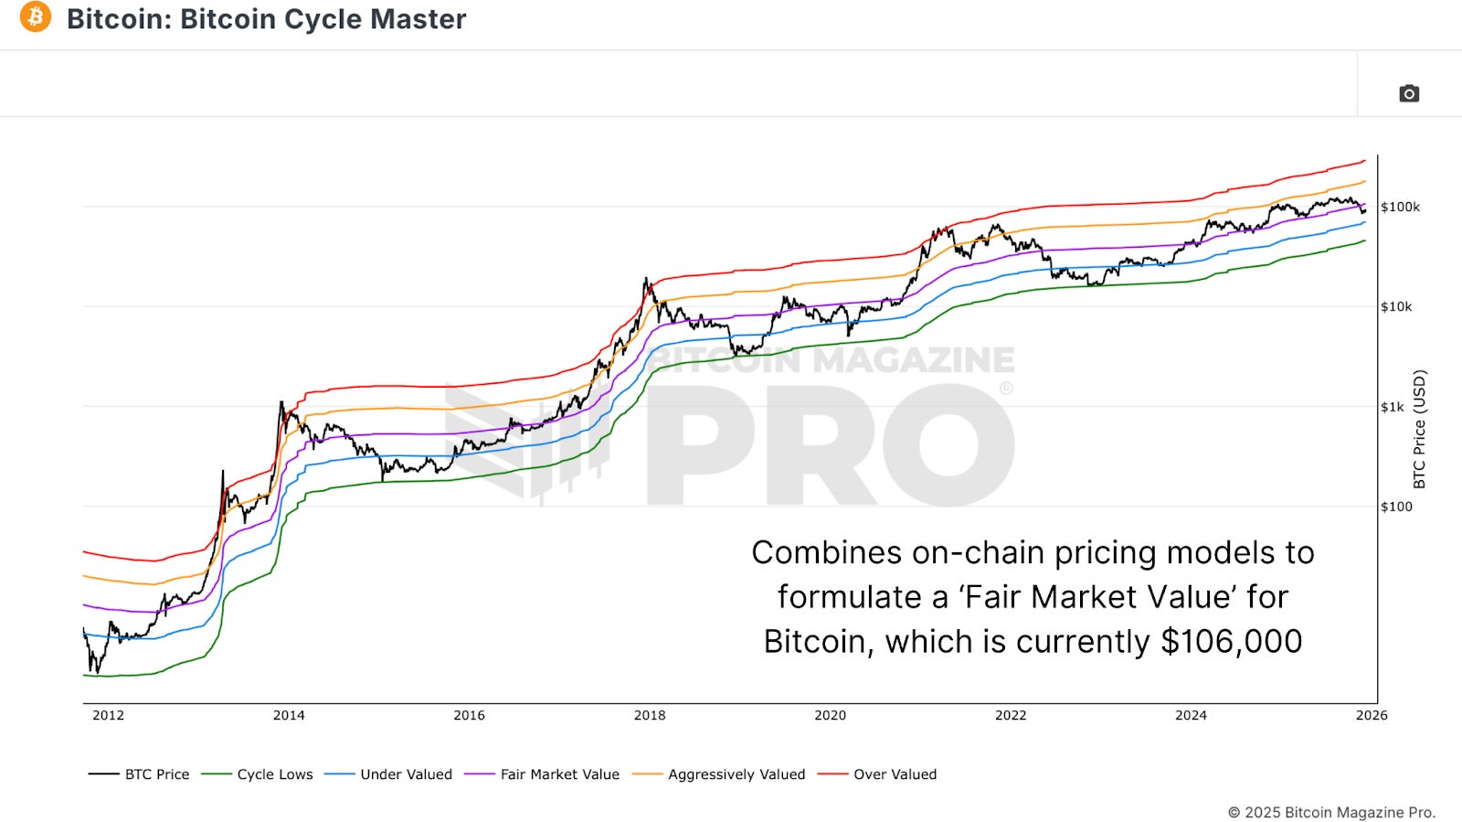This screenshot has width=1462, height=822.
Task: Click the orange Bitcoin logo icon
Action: pos(36,17)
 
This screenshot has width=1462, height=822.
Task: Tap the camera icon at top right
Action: pos(1409,93)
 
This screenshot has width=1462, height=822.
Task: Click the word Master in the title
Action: pos(423,19)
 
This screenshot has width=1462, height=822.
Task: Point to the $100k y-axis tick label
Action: pos(1400,207)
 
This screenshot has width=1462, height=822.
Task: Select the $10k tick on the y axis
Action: pos(1396,306)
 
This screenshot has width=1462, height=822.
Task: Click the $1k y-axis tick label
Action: pos(1393,407)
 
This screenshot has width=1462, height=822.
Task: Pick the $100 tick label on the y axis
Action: pos(1396,507)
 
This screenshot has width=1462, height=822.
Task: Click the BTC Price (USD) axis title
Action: pos(1419,429)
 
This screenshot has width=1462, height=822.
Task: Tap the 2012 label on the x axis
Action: pos(108,715)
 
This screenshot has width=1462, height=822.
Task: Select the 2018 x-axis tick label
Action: pos(650,715)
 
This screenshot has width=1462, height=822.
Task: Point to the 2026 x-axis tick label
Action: pos(1372,715)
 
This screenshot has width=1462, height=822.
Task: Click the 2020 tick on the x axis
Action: pos(830,715)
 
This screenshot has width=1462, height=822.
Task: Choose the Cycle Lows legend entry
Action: pos(274,774)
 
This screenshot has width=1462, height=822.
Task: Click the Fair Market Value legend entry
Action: pos(559,774)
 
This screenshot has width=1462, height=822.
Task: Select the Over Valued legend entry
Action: pos(895,774)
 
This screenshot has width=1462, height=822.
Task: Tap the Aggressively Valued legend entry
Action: pos(736,774)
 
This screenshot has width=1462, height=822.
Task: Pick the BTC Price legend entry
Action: pos(156,774)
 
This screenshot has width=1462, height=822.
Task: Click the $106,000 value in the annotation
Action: pos(1231,641)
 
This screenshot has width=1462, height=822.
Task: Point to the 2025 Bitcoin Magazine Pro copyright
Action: pos(1331,812)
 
